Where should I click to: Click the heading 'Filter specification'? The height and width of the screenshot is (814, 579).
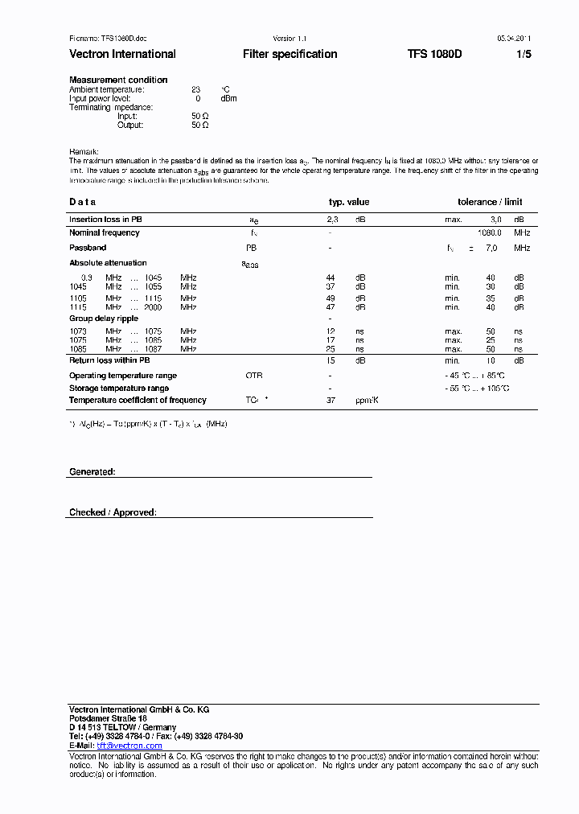(x=289, y=54)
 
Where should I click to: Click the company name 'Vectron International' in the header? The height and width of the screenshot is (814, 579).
(x=122, y=54)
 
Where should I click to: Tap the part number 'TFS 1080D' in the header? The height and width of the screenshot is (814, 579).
(x=434, y=54)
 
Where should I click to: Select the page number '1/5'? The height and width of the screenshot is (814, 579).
(x=523, y=54)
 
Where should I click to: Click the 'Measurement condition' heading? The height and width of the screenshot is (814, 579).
(x=118, y=80)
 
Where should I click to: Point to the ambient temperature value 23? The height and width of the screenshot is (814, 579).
(x=195, y=89)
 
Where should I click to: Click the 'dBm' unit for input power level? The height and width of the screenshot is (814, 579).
(x=228, y=98)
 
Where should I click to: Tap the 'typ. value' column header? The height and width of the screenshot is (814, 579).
(x=349, y=202)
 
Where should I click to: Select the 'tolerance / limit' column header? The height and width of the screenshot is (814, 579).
(x=490, y=202)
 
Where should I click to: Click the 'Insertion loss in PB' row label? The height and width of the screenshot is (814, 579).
(x=105, y=220)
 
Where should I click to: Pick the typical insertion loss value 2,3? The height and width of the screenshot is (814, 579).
(x=331, y=220)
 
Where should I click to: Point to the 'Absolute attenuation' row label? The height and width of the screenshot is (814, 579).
(x=108, y=263)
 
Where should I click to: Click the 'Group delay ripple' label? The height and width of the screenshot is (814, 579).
(x=103, y=319)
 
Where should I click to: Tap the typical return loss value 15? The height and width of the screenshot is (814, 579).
(x=331, y=360)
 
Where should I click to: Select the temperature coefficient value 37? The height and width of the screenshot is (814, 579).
(x=331, y=400)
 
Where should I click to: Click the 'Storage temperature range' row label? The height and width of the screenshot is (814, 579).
(x=118, y=388)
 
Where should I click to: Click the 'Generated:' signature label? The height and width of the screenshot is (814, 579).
(x=92, y=471)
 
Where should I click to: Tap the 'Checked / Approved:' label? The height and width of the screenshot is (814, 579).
(x=113, y=512)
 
